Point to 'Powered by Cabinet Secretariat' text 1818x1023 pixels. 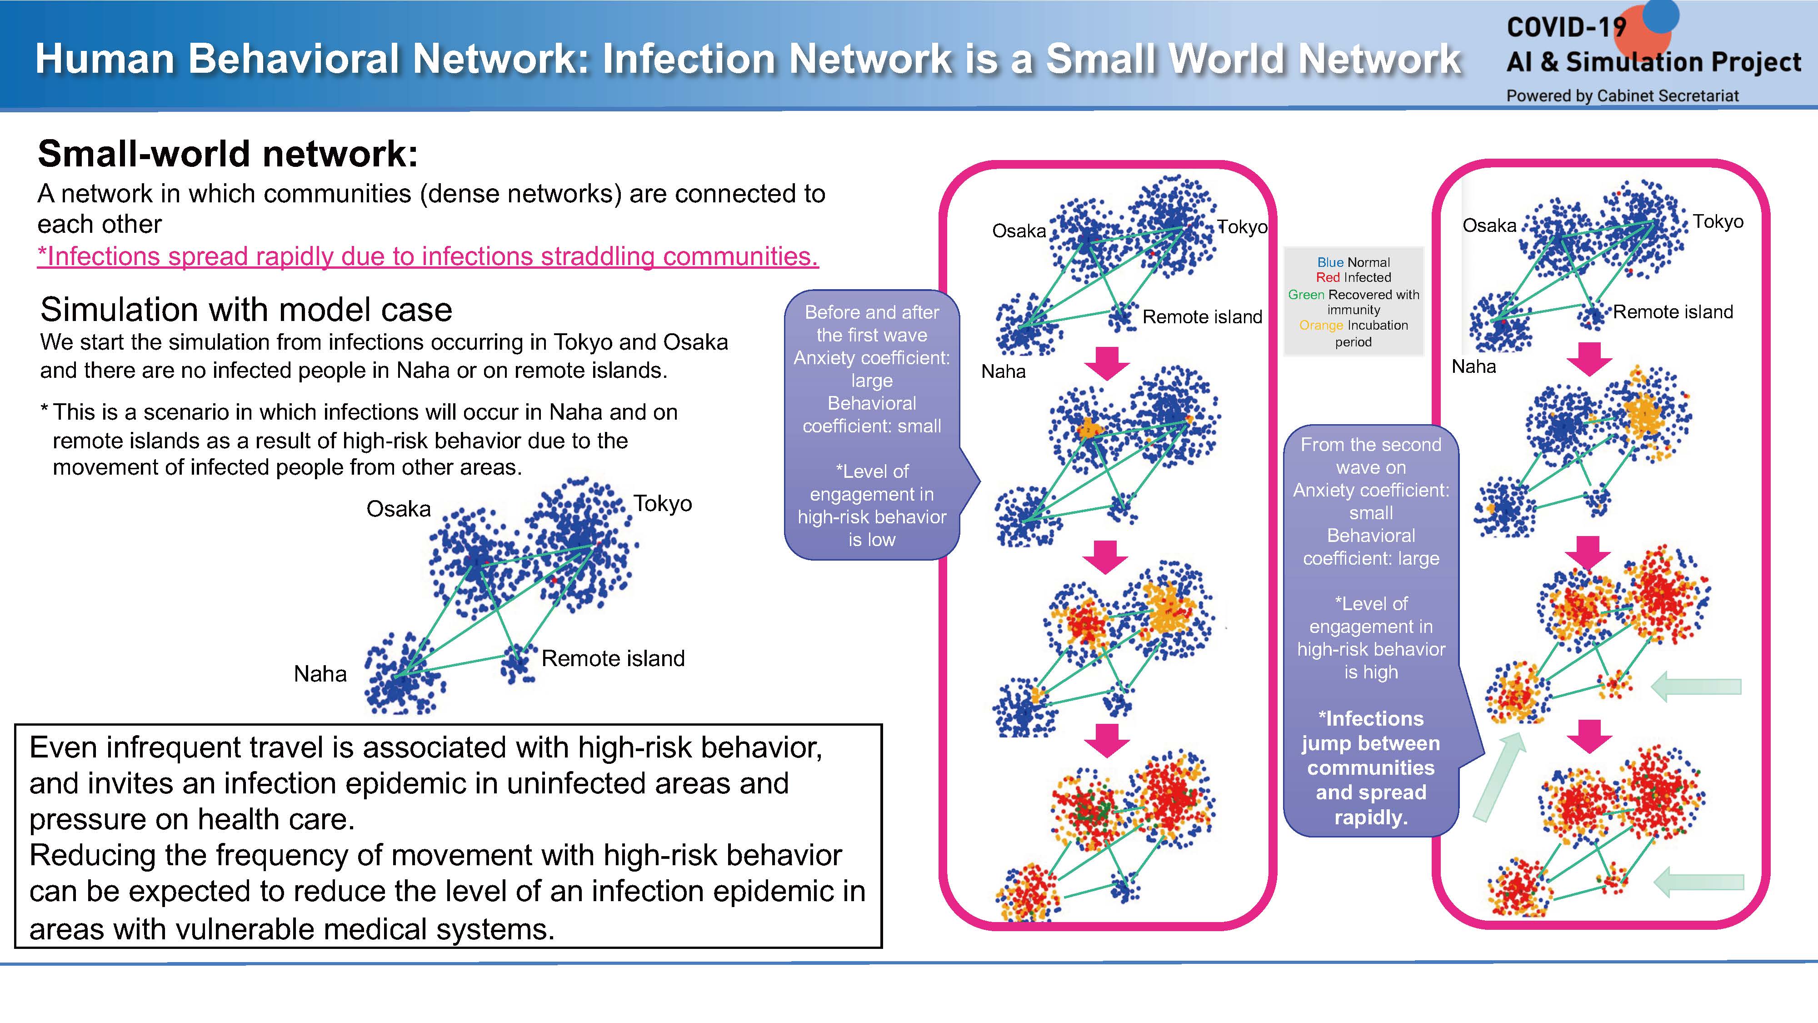tap(1623, 95)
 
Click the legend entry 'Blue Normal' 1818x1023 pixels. tap(1353, 262)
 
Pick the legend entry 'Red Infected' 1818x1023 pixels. tap(1353, 277)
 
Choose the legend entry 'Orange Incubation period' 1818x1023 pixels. tap(1353, 333)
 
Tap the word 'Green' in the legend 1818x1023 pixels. tap(1306, 295)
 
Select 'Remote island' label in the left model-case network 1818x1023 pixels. tap(613, 658)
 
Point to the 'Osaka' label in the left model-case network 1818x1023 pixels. tap(398, 508)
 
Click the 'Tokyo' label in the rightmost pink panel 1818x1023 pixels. tap(1718, 222)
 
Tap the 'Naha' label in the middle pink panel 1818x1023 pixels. tap(1004, 371)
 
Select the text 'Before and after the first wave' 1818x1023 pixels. tap(872, 323)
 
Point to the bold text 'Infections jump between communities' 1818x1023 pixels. tap(1371, 743)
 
